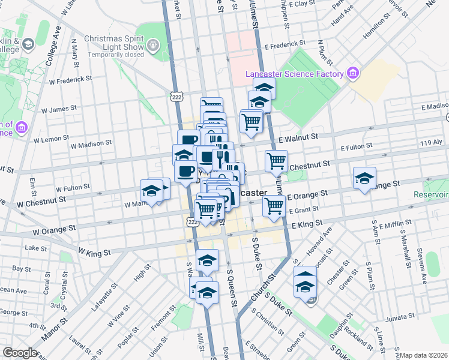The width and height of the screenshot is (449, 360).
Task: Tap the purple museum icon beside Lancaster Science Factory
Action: pos(353,74)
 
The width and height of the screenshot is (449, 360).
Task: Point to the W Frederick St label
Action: pos(70,79)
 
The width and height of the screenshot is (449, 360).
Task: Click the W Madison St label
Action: pos(91,144)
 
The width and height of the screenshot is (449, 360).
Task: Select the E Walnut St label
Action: pos(298,137)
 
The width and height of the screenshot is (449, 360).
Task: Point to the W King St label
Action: pos(95,253)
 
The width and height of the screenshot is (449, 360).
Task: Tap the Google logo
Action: pos(20,353)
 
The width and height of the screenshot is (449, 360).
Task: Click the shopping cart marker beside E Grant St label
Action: pos(274,205)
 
